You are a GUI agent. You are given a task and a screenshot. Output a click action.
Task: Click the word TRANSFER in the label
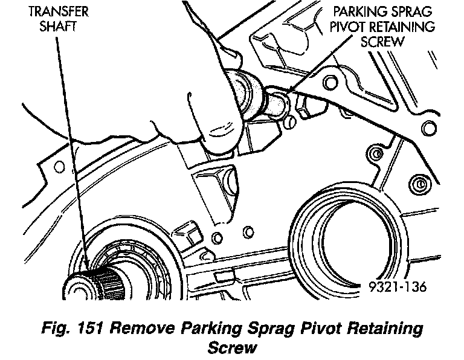55,11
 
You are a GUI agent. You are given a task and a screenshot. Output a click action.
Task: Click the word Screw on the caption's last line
230,349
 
